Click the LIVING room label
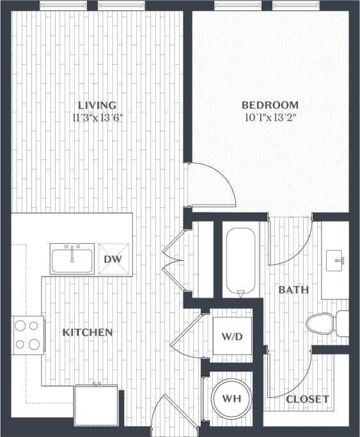coord(97,105)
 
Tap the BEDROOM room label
coord(270,105)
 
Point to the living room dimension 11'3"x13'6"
coord(97,117)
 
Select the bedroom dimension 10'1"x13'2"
coord(270,117)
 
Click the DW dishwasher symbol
coord(113,259)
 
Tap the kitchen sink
coord(72,259)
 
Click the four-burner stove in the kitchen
coord(27,335)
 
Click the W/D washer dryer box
coord(232,337)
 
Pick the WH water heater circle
coord(231,399)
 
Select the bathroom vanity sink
coord(336,261)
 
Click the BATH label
coord(293,290)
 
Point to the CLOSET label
coord(307,399)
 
